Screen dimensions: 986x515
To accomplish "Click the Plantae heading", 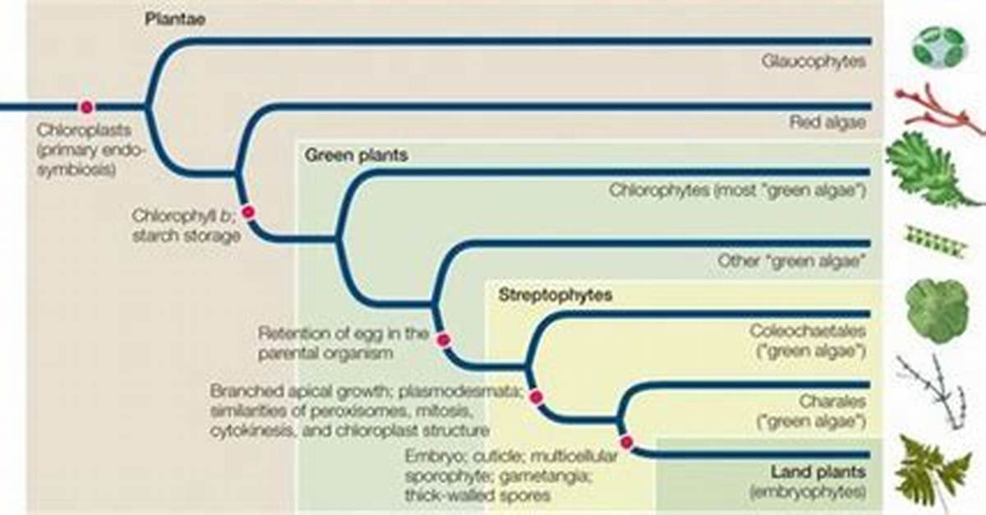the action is [x=175, y=20].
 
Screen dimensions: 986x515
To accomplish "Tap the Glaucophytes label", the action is [x=814, y=62].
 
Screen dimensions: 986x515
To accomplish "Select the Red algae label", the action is [x=827, y=122].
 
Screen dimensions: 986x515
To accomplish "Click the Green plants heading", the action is [x=356, y=155].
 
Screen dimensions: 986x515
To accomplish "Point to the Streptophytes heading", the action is [x=555, y=295].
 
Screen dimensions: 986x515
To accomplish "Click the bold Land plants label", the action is [x=818, y=471].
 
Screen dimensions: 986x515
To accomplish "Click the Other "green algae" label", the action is [x=791, y=261].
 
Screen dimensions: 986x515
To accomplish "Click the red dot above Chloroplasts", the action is [x=87, y=107].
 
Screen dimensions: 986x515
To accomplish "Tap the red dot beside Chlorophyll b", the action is [x=249, y=212].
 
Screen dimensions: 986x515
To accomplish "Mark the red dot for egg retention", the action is [x=443, y=340].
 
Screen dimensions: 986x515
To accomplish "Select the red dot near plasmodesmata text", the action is [x=536, y=397].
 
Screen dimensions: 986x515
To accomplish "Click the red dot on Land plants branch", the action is [x=626, y=442].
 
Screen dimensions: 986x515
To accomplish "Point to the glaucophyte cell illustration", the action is [x=939, y=48].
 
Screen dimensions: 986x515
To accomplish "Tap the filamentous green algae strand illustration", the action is [x=935, y=241].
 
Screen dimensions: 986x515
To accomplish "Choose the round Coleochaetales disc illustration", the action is [x=938, y=310].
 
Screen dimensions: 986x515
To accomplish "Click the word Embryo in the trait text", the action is [x=435, y=457].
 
